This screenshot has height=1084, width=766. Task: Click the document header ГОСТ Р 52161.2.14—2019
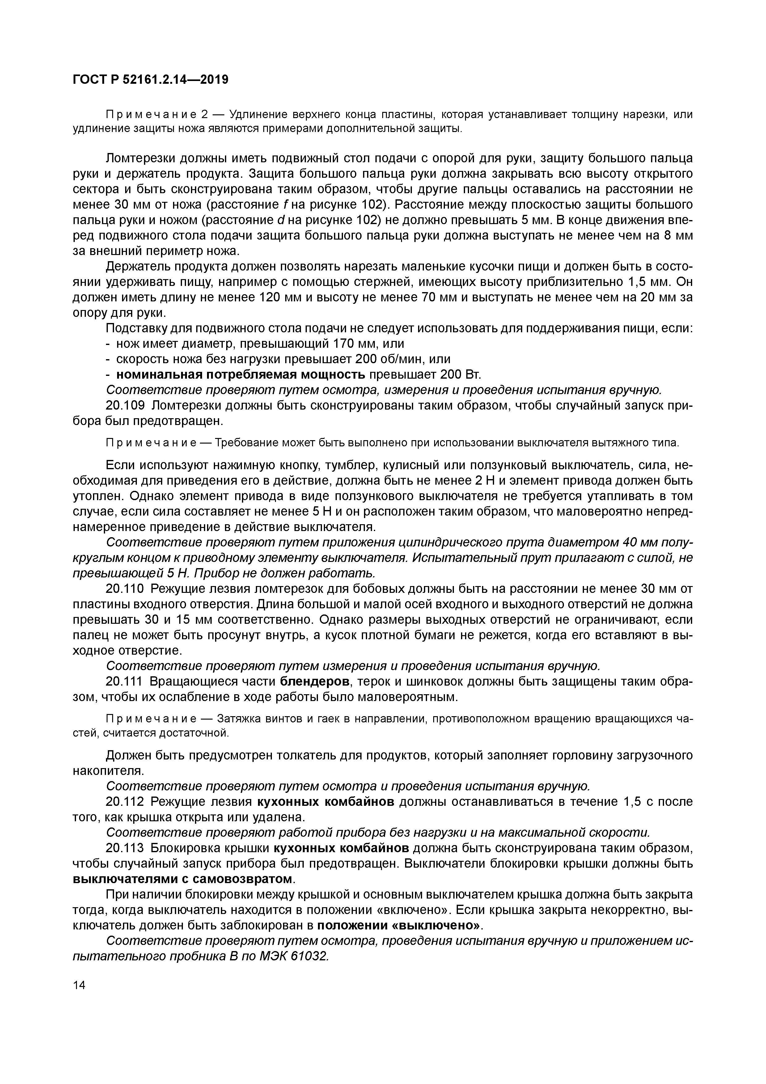point(150,80)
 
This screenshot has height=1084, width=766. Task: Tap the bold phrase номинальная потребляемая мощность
point(240,374)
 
